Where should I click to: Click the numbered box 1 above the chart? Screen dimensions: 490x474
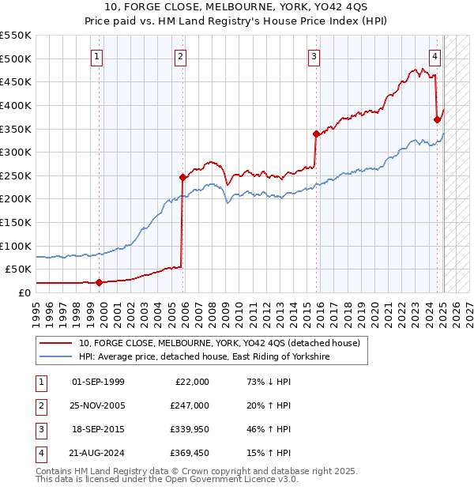96,56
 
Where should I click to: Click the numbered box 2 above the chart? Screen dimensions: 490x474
180,56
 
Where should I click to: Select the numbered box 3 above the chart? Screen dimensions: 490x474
314,56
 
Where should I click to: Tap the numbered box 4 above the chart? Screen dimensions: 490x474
434,56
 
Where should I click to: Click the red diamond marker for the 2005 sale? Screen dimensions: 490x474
182,177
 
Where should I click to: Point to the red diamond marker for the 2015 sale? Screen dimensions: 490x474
316,134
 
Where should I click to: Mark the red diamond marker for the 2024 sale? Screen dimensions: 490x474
437,119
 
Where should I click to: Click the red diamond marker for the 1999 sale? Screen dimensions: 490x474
99,282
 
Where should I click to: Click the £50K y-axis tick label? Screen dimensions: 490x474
19,269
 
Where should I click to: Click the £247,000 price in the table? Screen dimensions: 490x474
189,405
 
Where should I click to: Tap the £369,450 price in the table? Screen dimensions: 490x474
189,453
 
